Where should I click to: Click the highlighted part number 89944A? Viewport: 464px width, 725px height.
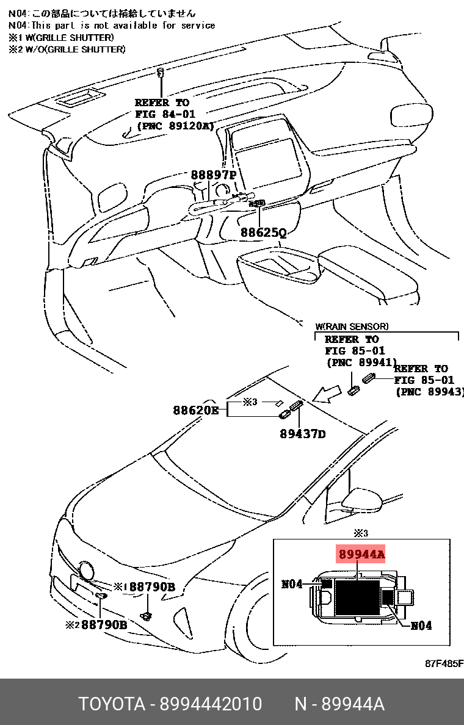(x=360, y=554)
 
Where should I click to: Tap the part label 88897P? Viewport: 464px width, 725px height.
(x=213, y=175)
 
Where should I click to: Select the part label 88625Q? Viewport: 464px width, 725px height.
(x=263, y=233)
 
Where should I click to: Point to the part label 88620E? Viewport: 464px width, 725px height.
(x=195, y=411)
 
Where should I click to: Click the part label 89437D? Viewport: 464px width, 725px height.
(x=302, y=434)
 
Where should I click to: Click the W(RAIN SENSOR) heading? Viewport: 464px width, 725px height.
(x=351, y=327)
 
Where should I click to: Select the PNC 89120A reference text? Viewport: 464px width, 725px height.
(x=175, y=126)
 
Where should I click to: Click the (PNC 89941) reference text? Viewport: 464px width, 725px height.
(x=361, y=362)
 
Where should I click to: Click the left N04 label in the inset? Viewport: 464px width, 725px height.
(x=292, y=583)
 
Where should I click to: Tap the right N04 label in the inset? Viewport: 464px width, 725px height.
(x=421, y=626)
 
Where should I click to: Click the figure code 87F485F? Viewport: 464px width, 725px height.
(x=444, y=664)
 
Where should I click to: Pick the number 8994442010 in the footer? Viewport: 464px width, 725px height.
(x=211, y=704)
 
